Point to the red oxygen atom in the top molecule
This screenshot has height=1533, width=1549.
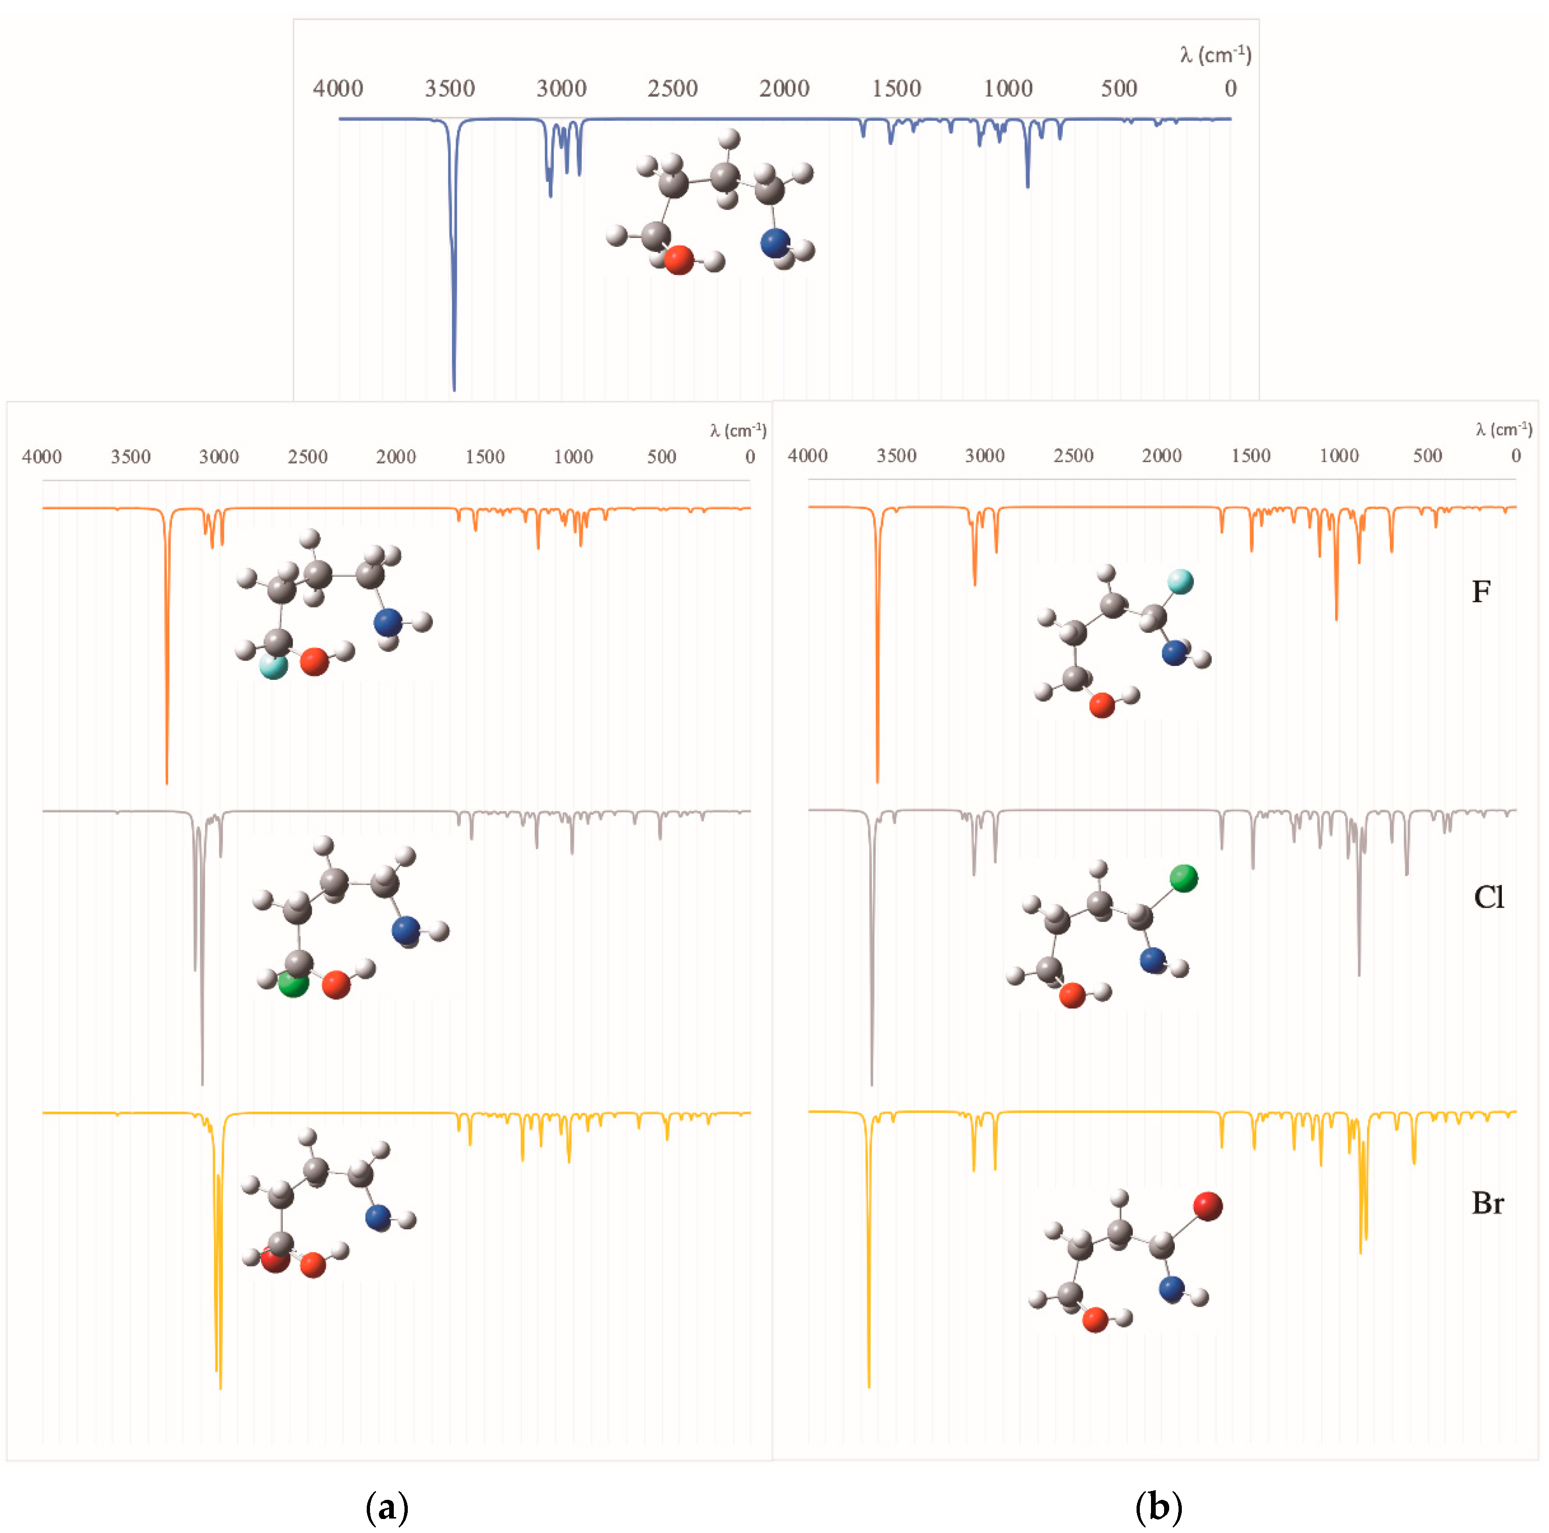pos(678,260)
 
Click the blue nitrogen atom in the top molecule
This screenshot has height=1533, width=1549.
pos(774,243)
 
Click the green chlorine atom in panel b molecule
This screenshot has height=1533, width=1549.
pos(1183,878)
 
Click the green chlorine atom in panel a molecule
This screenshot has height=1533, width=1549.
pos(292,984)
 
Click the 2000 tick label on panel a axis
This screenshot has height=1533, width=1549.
pos(396,457)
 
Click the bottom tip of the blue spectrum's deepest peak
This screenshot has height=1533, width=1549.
pos(454,390)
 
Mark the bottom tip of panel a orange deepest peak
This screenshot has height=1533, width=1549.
pos(167,783)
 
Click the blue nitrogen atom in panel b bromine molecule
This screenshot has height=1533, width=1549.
pos(1172,1288)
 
